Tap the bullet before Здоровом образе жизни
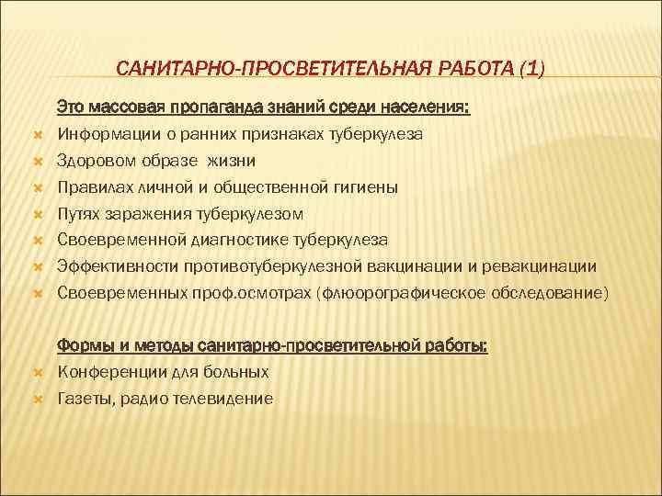tap(38, 162)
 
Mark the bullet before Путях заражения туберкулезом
tap(38, 215)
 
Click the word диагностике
tap(238, 241)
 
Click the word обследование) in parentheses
tap(555, 294)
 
